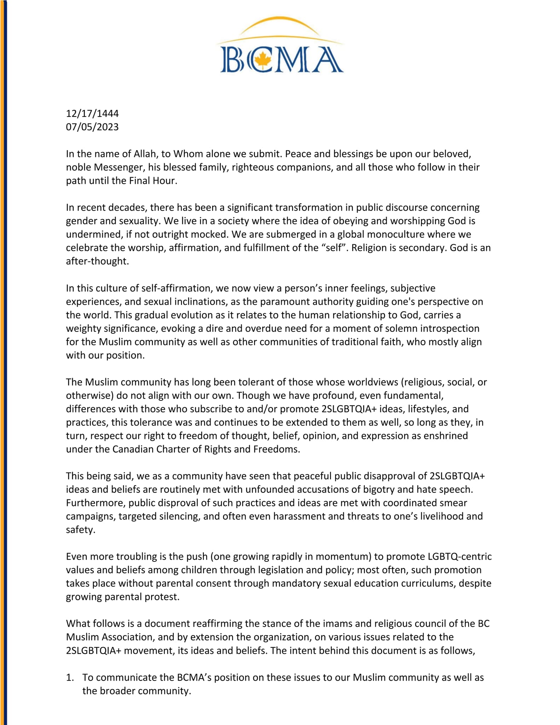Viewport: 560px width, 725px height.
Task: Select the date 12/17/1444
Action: (x=92, y=114)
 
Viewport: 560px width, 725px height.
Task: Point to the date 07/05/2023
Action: (x=92, y=127)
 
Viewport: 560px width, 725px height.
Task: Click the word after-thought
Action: (x=97, y=261)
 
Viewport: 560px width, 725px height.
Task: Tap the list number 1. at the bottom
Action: (x=70, y=678)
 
